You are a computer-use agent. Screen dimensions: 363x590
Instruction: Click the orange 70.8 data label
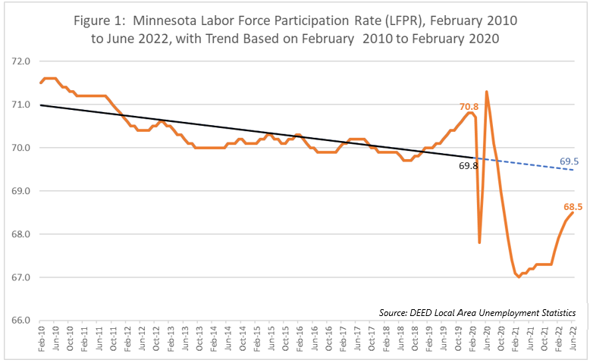[x=470, y=108]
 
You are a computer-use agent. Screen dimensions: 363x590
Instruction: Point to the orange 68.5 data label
[x=573, y=206]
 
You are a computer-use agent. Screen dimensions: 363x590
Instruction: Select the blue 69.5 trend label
[x=570, y=161]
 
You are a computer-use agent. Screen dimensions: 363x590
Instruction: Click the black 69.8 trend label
[x=469, y=164]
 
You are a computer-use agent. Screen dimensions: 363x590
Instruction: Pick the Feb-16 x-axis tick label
[x=300, y=338]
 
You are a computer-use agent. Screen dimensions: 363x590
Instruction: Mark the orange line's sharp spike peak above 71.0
[x=486, y=92]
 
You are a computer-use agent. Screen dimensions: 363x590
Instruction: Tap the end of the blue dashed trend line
[x=573, y=170]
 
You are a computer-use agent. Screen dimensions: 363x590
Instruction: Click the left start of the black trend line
[x=39, y=105]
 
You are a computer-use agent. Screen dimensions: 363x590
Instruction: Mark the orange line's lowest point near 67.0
[x=519, y=277]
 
